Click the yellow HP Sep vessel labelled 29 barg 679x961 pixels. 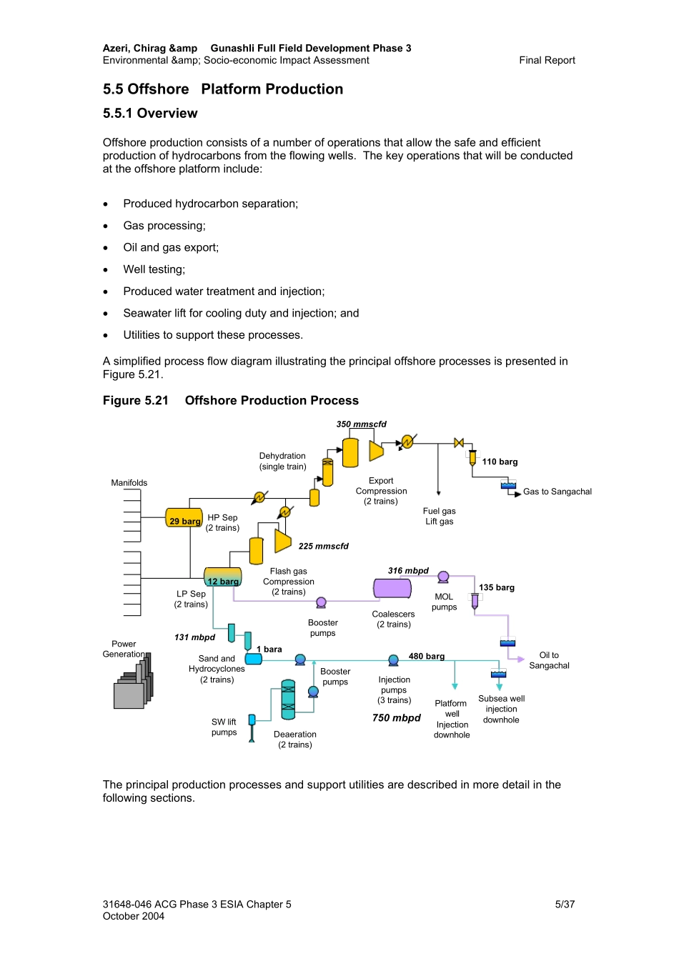184,517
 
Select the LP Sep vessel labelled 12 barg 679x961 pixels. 222,577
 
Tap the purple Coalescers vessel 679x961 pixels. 392,589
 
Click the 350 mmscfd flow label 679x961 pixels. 361,424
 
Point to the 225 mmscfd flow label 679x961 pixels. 323,547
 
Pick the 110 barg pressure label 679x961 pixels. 500,462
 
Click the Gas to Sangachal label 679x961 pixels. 557,492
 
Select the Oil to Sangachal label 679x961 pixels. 549,660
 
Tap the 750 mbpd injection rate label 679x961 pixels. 396,718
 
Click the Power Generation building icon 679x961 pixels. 132,684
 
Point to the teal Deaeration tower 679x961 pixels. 288,699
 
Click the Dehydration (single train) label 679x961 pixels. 282,462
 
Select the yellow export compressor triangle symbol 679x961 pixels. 376,451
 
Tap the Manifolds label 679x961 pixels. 129,483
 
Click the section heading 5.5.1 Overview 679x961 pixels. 150,114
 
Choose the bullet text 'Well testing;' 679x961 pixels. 154,269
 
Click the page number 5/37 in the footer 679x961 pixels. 565,905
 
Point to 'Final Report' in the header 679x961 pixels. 547,61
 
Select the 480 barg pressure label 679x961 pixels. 426,657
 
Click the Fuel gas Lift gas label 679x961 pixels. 439,517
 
